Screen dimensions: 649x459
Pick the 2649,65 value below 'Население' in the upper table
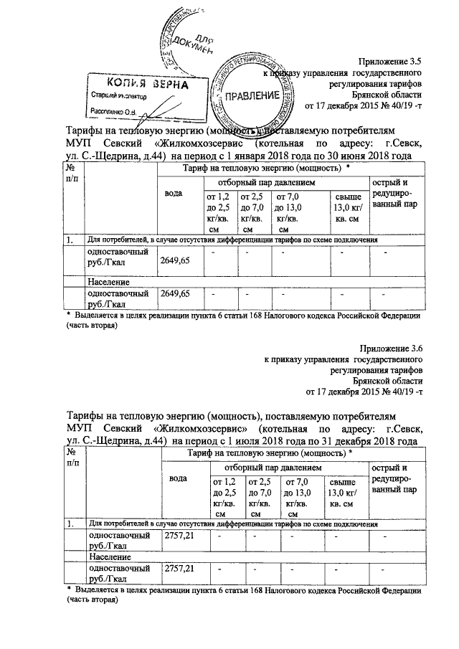click(x=176, y=294)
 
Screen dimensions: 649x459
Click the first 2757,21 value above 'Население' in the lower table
click(x=179, y=536)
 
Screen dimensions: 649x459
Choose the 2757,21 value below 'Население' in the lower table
click(x=179, y=569)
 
